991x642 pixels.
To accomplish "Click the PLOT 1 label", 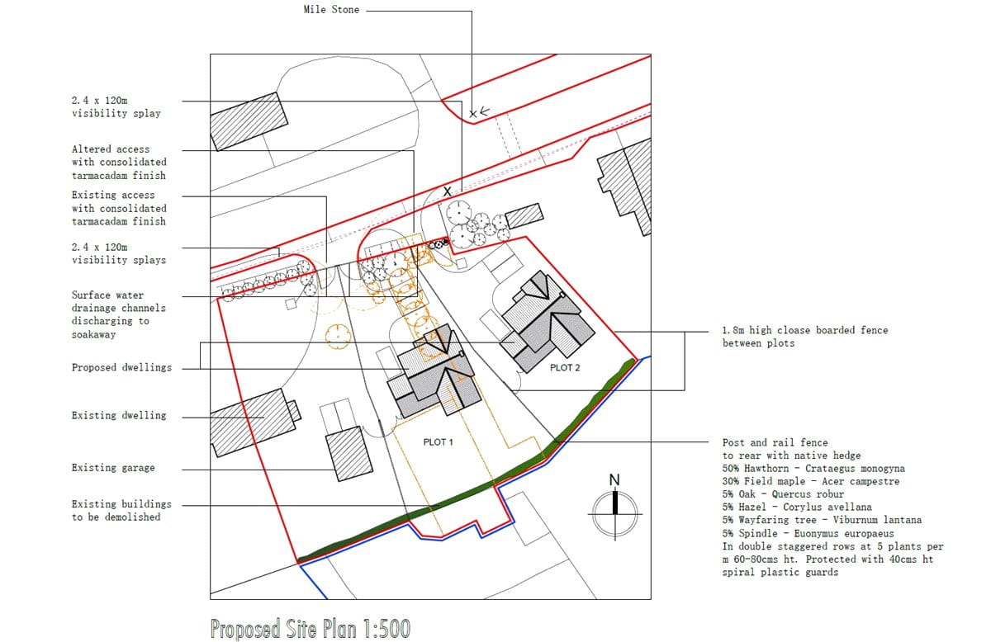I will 439,442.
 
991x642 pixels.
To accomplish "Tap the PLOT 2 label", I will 565,367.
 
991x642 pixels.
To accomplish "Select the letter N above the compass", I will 614,480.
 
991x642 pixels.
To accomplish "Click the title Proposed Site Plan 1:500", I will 310,629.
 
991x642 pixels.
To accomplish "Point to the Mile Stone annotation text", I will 331,11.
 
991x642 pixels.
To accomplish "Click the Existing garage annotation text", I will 113,468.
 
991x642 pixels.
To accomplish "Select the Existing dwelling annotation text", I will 119,415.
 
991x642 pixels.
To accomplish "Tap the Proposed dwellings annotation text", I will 121,367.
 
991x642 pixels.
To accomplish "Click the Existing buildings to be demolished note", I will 121,510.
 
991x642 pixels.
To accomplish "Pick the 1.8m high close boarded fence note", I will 804,337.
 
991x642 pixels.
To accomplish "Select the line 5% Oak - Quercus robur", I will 783,494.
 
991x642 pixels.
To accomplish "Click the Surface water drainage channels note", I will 118,314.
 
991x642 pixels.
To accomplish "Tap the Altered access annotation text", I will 118,162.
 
